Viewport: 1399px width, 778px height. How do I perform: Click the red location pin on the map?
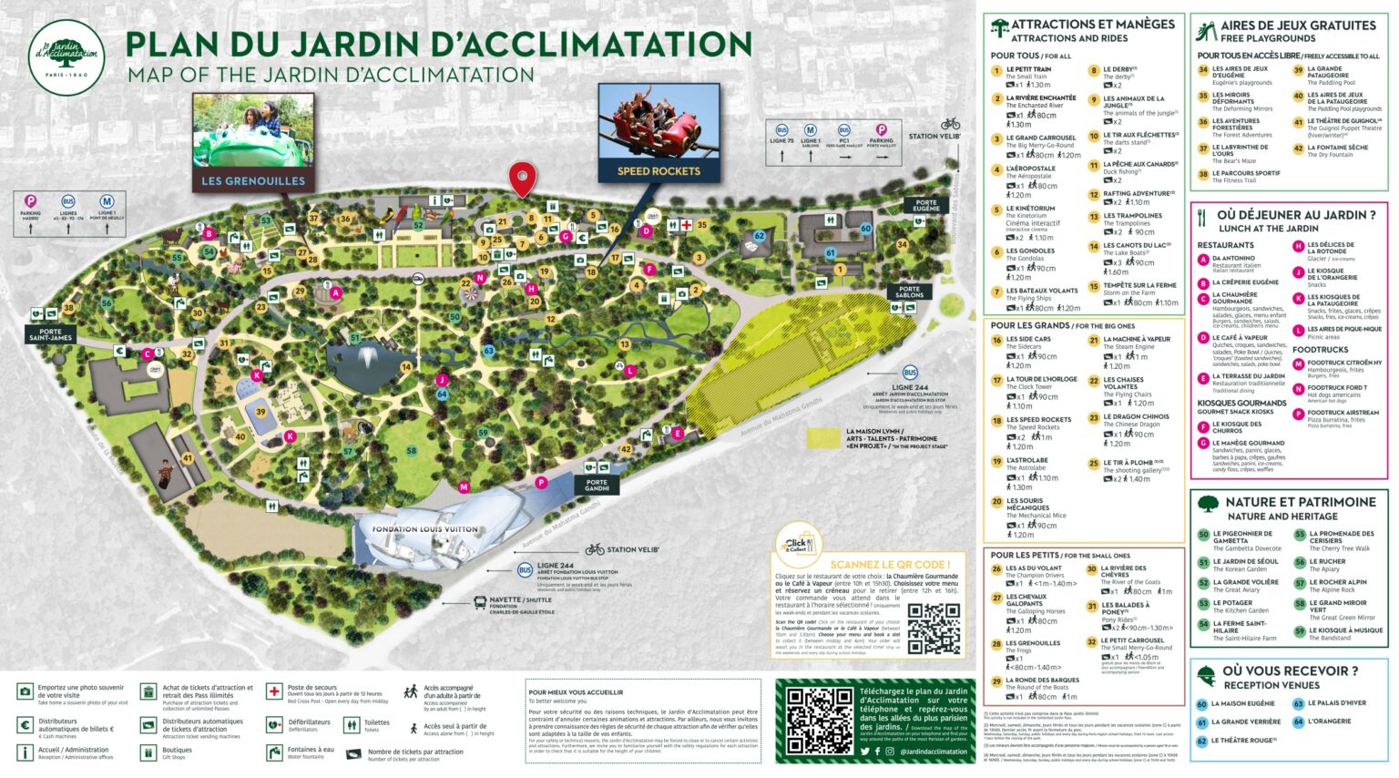coord(522,178)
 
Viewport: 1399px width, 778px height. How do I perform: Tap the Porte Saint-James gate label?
coord(50,335)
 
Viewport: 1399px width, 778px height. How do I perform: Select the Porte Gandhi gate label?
coord(597,486)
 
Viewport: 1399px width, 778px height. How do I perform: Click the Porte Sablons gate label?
coord(909,292)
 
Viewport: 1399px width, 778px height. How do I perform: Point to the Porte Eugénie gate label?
coord(925,206)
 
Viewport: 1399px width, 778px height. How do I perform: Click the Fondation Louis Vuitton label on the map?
coord(424,529)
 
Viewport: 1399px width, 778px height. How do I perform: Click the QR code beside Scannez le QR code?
coord(934,628)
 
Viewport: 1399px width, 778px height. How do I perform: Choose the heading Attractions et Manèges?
coord(1092,25)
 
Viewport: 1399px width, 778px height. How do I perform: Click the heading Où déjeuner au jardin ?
coord(1296,215)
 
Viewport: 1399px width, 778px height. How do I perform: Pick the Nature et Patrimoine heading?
coord(1300,502)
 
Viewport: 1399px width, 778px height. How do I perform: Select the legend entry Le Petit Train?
coord(1028,69)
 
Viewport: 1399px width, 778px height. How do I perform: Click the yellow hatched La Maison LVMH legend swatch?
coord(824,437)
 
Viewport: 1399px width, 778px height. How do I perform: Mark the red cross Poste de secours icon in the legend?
coord(273,691)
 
